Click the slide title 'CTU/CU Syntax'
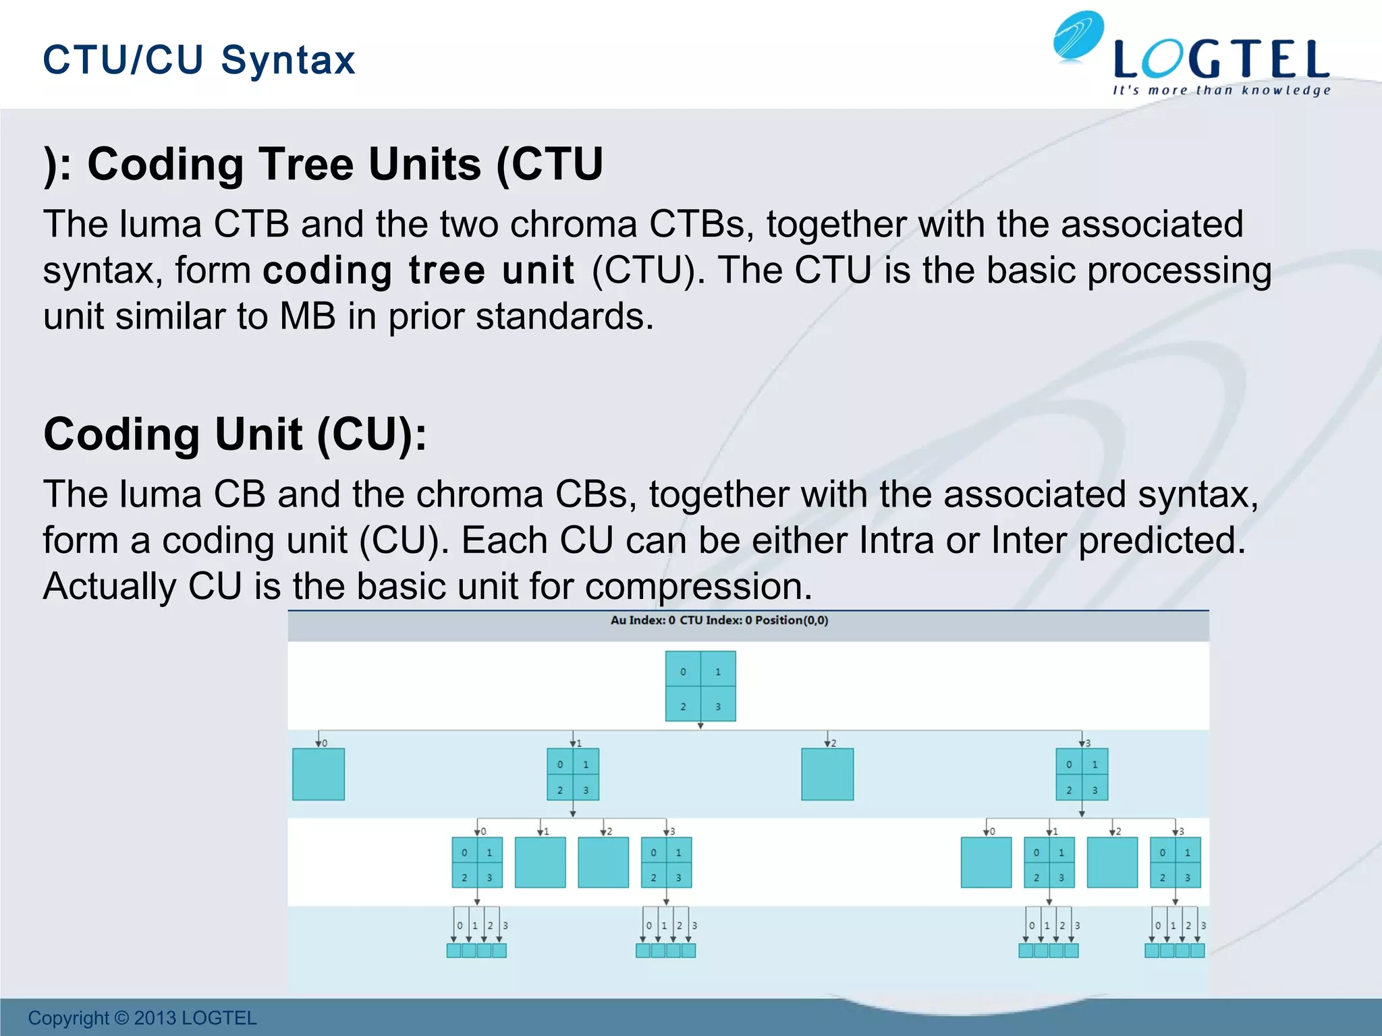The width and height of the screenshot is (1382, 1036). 199,59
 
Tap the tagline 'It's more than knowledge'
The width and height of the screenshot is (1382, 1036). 1221,90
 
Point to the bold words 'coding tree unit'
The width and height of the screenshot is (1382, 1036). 418,270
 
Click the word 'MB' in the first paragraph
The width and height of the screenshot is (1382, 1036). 307,316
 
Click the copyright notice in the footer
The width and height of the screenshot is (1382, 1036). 142,1018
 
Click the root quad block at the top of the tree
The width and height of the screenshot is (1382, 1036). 700,686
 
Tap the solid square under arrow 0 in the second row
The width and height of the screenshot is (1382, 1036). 319,774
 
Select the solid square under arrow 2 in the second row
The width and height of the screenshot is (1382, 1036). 827,774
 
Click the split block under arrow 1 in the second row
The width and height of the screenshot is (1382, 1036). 573,774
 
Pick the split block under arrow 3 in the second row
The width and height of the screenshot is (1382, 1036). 1082,774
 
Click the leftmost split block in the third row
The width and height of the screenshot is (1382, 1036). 477,863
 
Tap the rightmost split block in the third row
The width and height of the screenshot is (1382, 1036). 1175,863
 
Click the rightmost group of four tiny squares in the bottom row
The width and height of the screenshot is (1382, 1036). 1175,950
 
